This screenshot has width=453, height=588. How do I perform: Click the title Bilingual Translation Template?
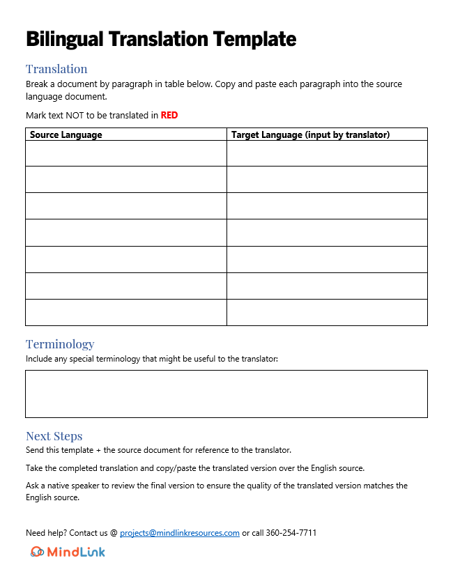click(161, 39)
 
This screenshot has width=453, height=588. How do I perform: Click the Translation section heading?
click(56, 69)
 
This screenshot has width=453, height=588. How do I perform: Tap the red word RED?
click(169, 116)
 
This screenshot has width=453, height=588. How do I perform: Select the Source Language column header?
click(66, 134)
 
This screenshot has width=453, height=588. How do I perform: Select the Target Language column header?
click(310, 134)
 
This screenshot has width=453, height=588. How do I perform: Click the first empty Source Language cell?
click(126, 153)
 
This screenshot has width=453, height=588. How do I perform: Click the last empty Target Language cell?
click(327, 312)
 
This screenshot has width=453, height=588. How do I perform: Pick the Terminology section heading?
click(60, 344)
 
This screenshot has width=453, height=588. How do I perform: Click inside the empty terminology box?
click(227, 394)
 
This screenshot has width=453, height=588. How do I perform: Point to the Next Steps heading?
click(54, 436)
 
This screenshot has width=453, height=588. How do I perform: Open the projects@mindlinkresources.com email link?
click(180, 533)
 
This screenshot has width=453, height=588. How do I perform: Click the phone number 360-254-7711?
click(291, 533)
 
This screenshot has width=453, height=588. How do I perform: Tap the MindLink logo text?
click(76, 552)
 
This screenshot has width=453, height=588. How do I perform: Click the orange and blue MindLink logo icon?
click(37, 552)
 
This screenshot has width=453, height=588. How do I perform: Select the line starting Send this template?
click(158, 450)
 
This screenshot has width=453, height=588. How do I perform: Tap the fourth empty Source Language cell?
click(126, 233)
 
